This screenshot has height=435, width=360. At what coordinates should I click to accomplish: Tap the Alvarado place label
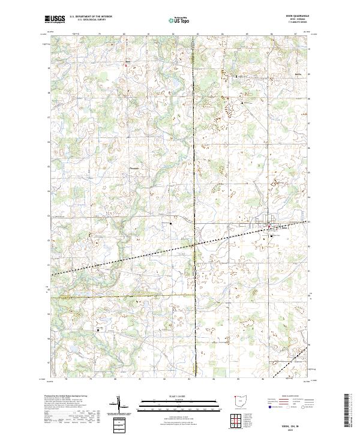[134, 169]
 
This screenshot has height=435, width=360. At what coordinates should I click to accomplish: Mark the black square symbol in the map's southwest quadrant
[100, 329]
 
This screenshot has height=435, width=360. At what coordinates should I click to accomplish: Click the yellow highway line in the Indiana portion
[120, 296]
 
